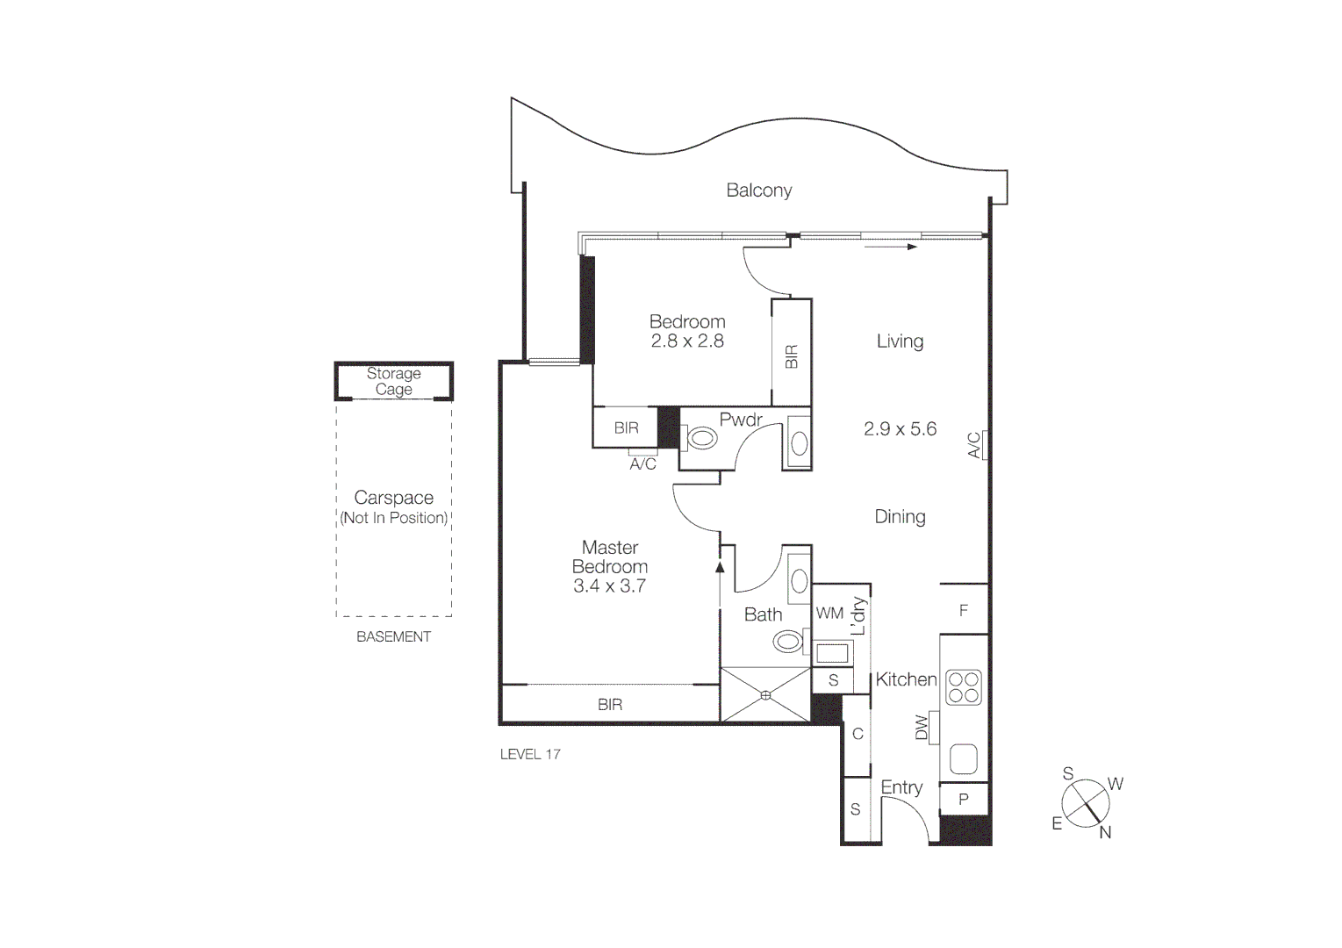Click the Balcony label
(758, 190)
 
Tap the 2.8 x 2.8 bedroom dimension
(687, 341)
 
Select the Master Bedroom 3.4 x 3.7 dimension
(609, 586)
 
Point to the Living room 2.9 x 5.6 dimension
(900, 429)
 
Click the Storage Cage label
(393, 381)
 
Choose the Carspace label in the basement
(393, 498)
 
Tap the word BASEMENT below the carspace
(393, 637)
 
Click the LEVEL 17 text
(530, 754)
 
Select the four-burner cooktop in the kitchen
(963, 687)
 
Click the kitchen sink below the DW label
(964, 758)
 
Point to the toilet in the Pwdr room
(701, 437)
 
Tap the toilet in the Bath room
(788, 642)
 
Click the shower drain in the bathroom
(765, 695)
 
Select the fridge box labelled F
(964, 610)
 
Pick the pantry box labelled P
(964, 800)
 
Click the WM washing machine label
(829, 614)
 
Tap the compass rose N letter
(1105, 833)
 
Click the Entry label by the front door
(901, 787)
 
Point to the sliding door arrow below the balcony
(890, 248)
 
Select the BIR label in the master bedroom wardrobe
(610, 705)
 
